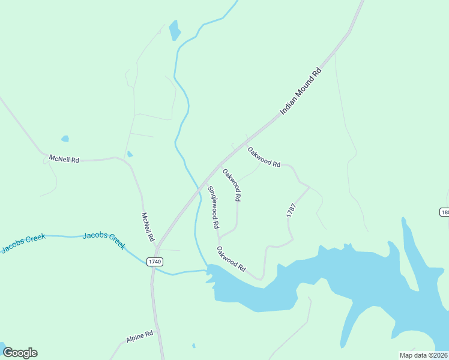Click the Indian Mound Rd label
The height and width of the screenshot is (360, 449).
(x=301, y=92)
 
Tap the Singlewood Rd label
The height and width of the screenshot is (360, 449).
(x=213, y=208)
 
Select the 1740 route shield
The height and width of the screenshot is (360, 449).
(x=155, y=262)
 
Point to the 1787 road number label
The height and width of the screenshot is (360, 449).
(x=291, y=210)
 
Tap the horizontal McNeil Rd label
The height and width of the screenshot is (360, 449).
(x=64, y=160)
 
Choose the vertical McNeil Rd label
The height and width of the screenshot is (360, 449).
(x=148, y=227)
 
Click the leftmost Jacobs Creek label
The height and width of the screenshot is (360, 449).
(x=23, y=242)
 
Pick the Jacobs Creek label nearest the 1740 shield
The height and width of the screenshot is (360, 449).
(x=104, y=240)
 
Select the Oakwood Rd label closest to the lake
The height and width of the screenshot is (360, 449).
(x=232, y=259)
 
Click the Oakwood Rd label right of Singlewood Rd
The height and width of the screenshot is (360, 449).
(x=232, y=184)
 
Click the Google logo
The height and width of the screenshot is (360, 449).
(x=20, y=353)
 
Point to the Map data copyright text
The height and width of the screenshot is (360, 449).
(x=423, y=355)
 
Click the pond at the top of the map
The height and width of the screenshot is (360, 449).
(x=175, y=30)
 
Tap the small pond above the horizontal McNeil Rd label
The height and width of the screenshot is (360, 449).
(x=65, y=139)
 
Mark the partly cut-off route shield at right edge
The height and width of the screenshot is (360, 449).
(x=444, y=212)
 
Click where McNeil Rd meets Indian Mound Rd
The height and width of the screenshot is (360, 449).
(x=156, y=246)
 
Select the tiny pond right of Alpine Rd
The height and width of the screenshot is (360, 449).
(x=193, y=346)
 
